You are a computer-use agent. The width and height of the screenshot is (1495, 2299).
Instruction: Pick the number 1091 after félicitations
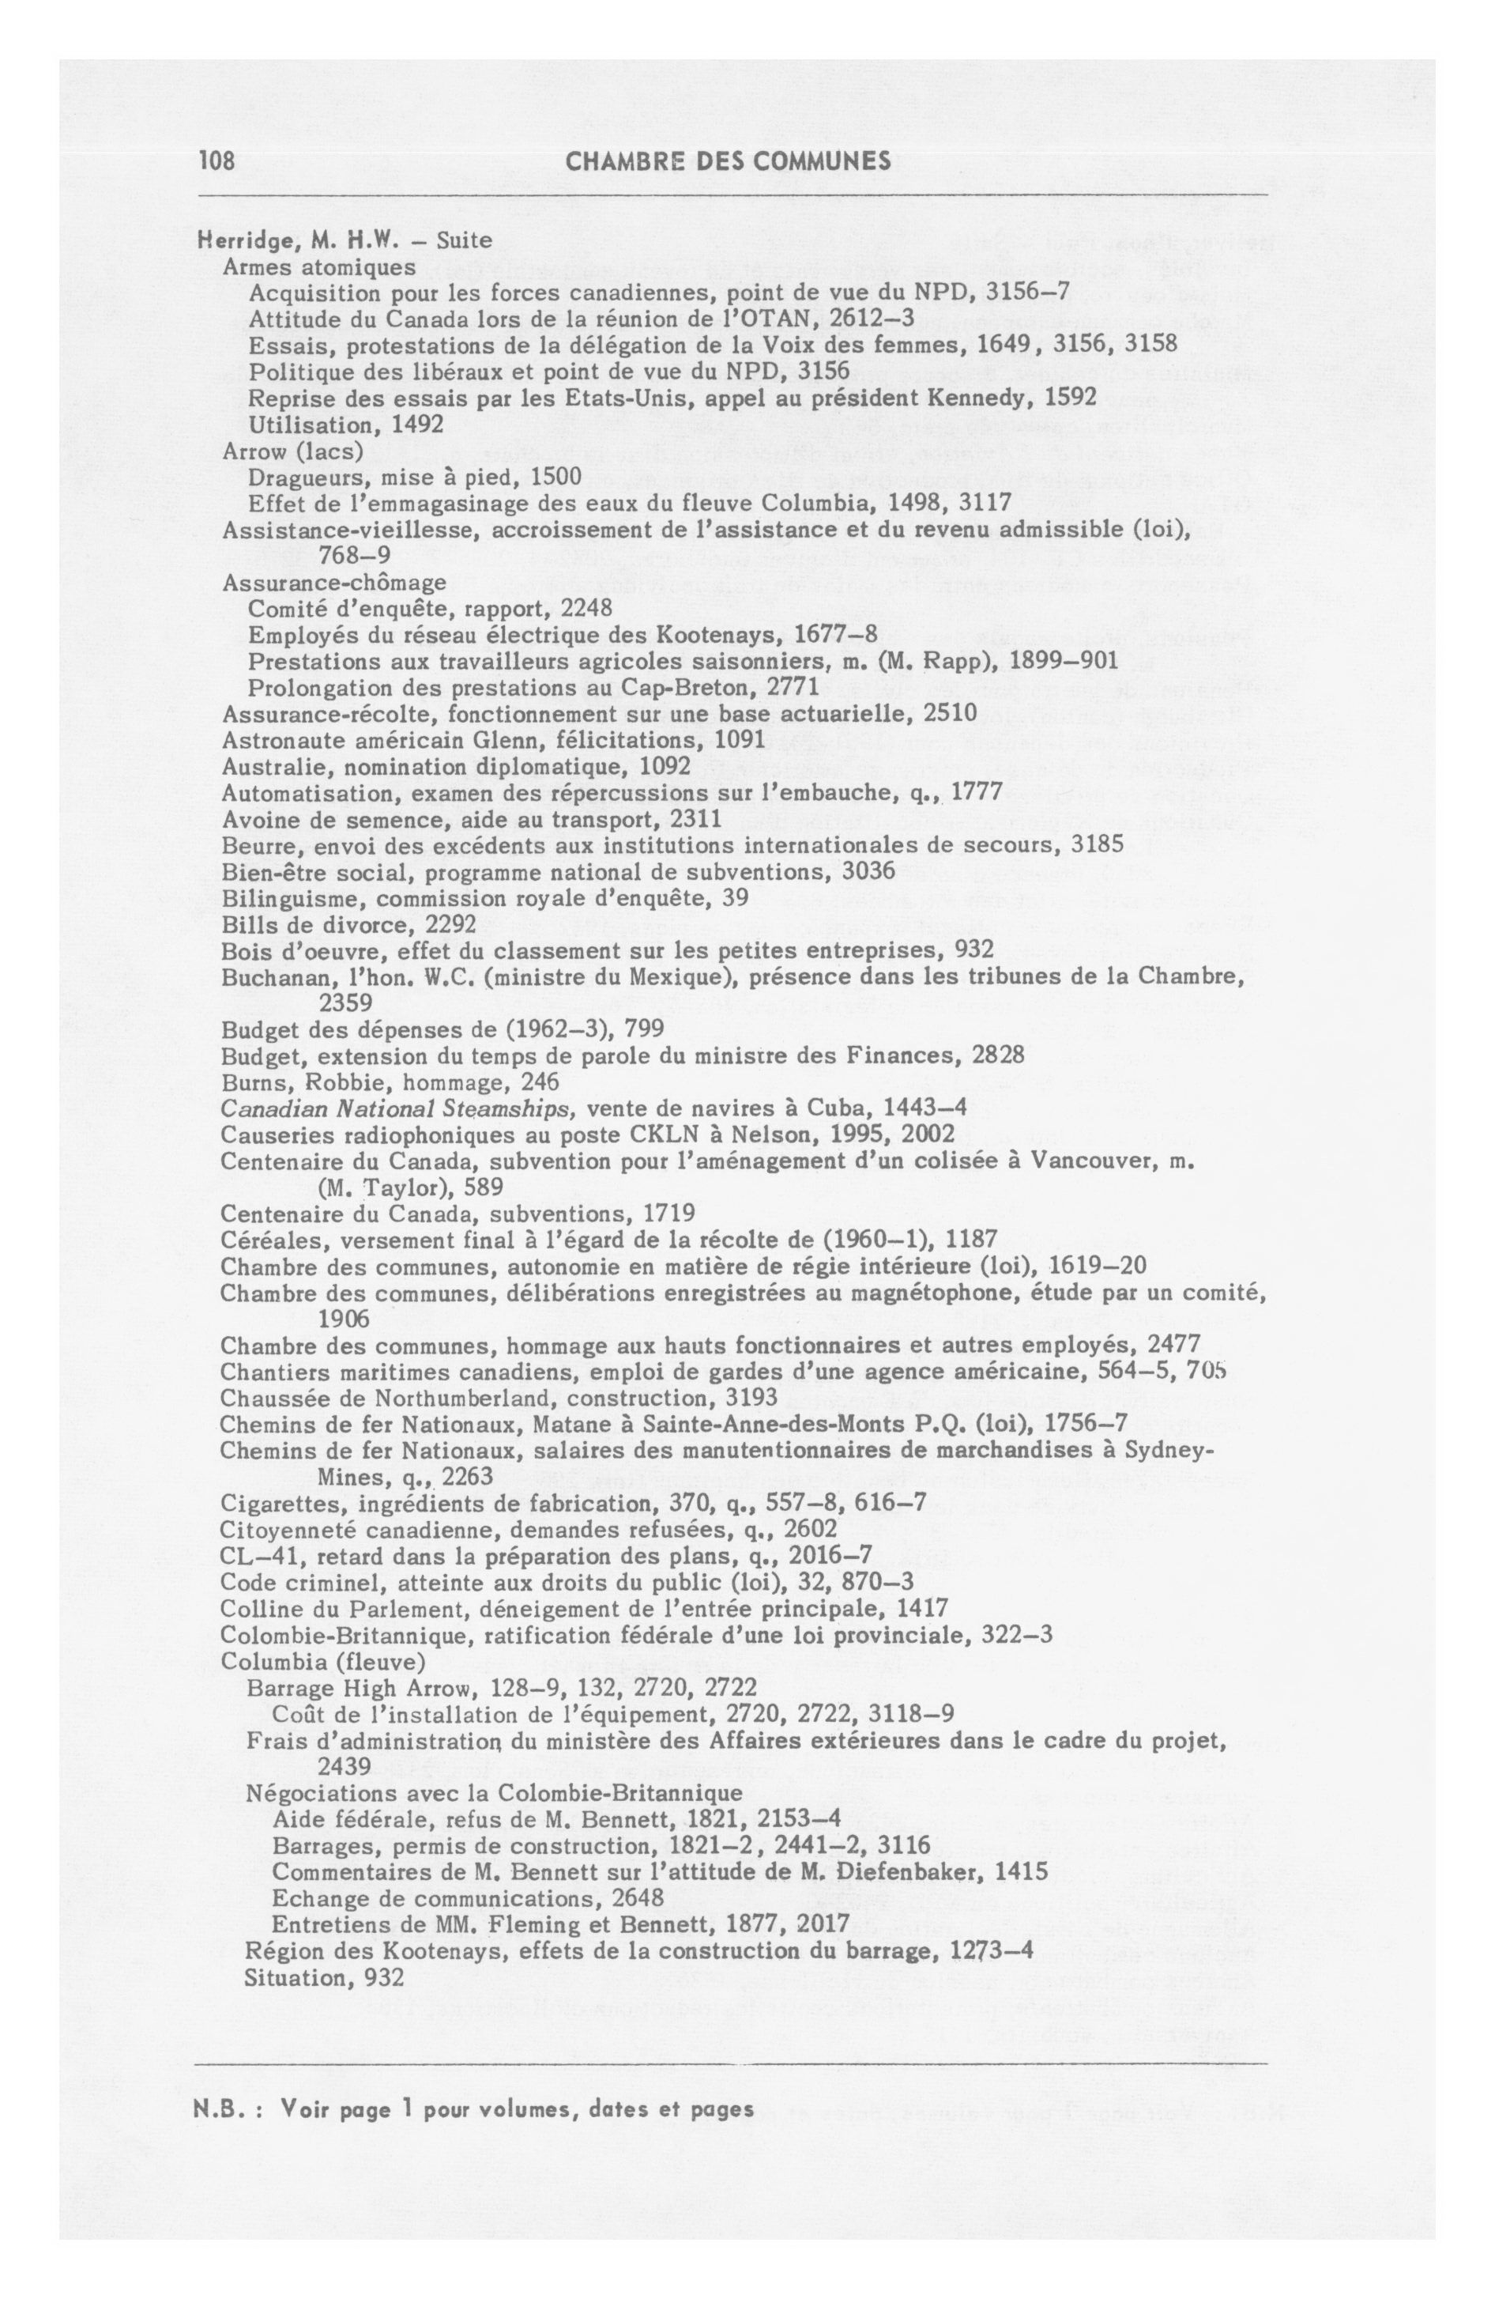pyautogui.click(x=740, y=740)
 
